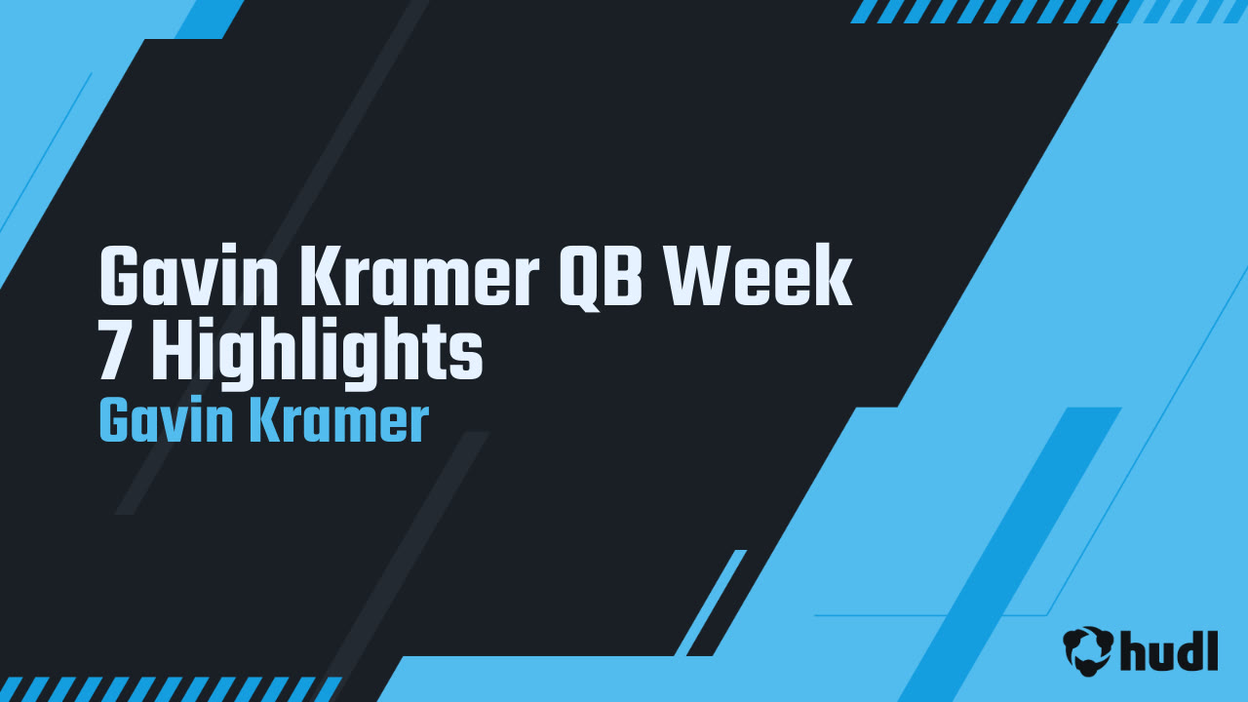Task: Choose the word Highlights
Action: [x=317, y=356]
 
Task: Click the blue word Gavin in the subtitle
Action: [x=164, y=422]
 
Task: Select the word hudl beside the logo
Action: [x=1170, y=650]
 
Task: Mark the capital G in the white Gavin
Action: [x=121, y=278]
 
